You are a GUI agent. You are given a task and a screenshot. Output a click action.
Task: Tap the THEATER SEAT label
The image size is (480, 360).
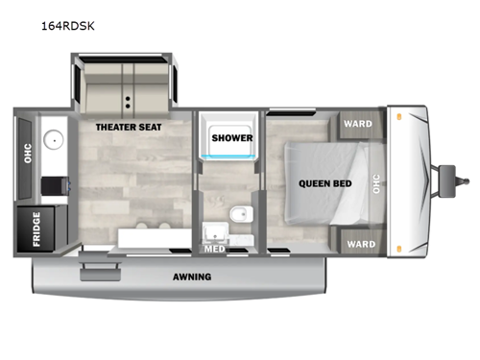pos(128,126)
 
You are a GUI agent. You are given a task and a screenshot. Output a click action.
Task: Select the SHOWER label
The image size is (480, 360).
pos(231,137)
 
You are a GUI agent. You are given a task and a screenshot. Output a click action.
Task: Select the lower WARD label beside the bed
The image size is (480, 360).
pos(361,244)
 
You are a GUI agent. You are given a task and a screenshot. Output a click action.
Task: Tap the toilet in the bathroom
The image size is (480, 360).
pos(240,211)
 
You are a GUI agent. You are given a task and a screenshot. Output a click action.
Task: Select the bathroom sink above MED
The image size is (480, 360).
pos(213,230)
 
